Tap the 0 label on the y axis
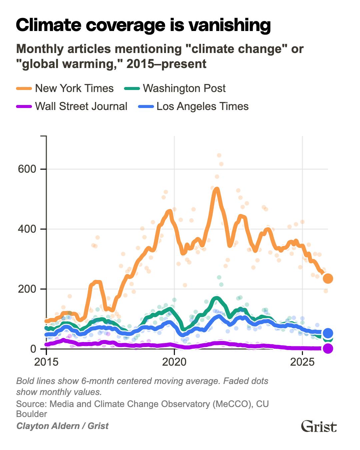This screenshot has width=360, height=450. pyautogui.click(x=33, y=349)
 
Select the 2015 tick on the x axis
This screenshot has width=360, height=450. pyautogui.click(x=46, y=362)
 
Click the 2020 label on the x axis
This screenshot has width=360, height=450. pyautogui.click(x=174, y=362)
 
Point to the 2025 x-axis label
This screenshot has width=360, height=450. pyautogui.click(x=302, y=362)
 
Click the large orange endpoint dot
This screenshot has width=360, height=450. pyautogui.click(x=328, y=278)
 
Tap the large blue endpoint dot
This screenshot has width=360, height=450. pyautogui.click(x=328, y=333)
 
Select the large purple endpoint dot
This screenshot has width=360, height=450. pyautogui.click(x=328, y=349)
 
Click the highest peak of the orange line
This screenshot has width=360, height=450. pyautogui.click(x=216, y=189)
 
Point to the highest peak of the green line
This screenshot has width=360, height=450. pyautogui.click(x=217, y=298)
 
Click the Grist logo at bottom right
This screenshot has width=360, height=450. pyautogui.click(x=319, y=426)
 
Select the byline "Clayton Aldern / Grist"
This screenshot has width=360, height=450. pyautogui.click(x=62, y=426)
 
